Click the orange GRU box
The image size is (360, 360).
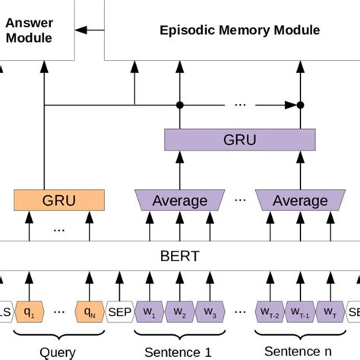(58, 200)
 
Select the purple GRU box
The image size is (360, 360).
(239, 140)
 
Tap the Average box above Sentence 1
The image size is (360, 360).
(180, 201)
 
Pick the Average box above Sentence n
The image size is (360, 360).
(300, 201)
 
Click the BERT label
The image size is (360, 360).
(180, 256)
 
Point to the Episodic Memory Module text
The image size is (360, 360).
(239, 30)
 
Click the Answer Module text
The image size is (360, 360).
(28, 30)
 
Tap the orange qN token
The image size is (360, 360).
(89, 311)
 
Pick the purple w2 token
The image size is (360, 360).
(179, 311)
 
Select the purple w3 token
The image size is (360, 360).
(210, 311)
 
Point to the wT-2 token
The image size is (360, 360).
(270, 311)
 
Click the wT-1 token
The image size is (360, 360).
(299, 311)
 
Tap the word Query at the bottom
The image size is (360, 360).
(58, 352)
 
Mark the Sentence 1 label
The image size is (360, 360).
(179, 352)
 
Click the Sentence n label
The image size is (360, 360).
(299, 351)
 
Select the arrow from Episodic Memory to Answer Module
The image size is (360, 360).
(90, 30)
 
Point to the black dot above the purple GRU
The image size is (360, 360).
(300, 104)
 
